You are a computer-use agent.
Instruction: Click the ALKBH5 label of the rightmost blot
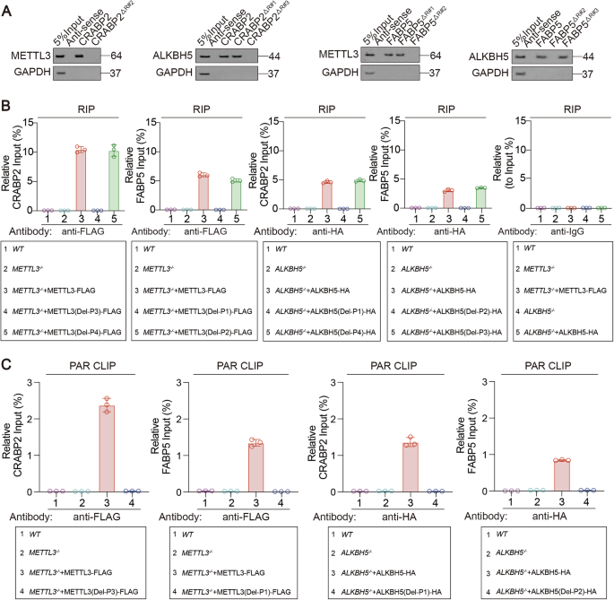(x=485, y=56)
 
